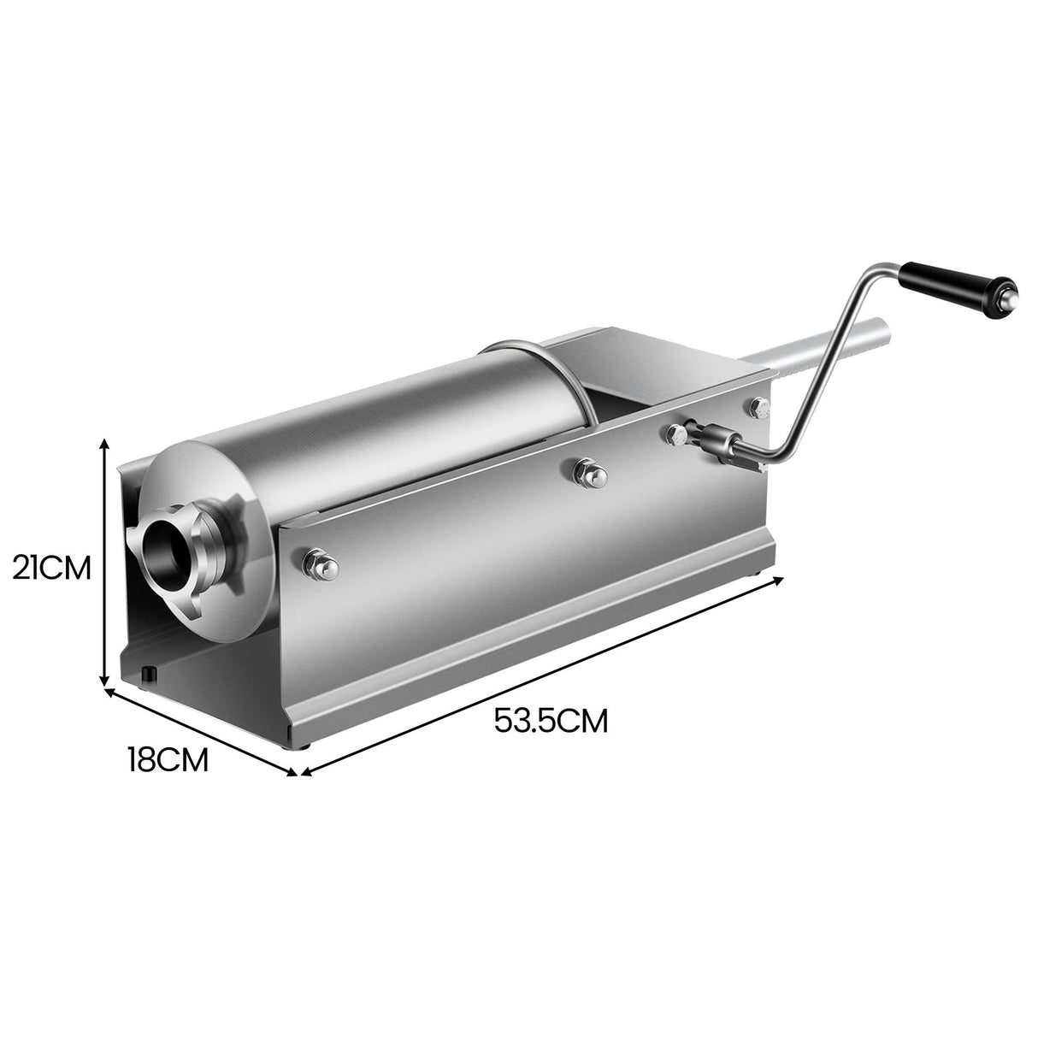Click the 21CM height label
point(51,567)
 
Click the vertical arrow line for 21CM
point(105,564)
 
